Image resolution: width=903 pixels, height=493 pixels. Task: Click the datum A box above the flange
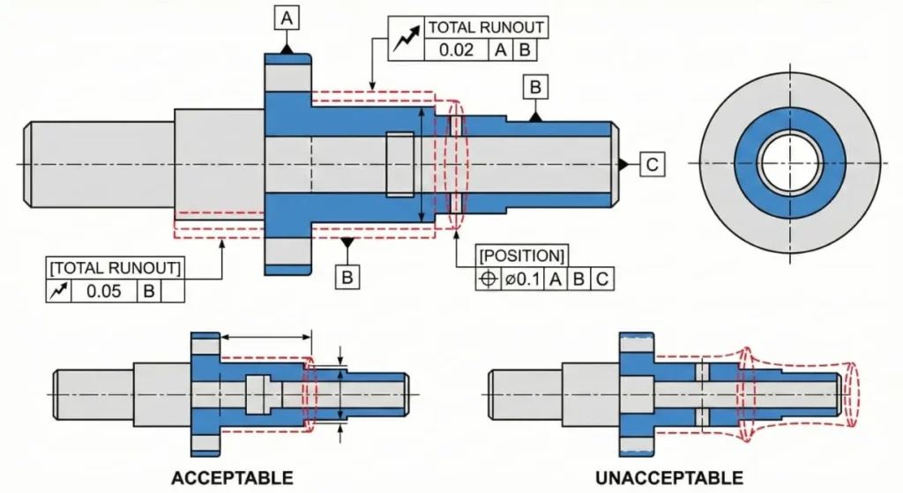point(287,18)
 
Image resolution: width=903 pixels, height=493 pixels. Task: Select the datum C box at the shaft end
point(651,164)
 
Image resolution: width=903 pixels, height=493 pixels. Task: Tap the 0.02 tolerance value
point(457,49)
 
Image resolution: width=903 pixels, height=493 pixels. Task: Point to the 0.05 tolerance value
point(102,291)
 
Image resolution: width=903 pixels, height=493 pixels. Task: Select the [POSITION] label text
point(522,256)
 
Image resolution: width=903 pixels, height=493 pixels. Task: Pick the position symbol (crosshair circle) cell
point(489,280)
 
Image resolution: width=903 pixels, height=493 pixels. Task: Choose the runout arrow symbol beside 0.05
point(58,291)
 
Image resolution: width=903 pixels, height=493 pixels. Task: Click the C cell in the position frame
point(601,280)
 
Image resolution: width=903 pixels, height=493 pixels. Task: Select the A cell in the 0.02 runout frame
point(501,49)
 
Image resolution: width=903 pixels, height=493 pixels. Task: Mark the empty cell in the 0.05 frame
point(173,291)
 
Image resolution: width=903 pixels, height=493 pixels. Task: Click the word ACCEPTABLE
point(232,478)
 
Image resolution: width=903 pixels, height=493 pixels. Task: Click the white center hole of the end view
point(790,164)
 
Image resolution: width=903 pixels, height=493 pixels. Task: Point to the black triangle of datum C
point(623,164)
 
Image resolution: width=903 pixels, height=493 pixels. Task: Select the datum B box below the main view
point(348,277)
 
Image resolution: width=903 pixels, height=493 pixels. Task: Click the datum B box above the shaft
point(534,86)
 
